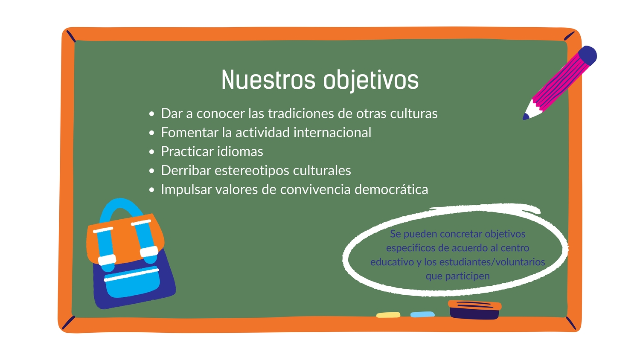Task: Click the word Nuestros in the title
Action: (x=268, y=80)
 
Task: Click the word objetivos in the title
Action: (x=371, y=81)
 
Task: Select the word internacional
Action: (x=332, y=132)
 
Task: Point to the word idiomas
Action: (x=240, y=151)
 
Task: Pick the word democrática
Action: (x=391, y=189)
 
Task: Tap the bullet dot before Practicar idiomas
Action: (x=152, y=152)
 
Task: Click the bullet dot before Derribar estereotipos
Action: (x=152, y=171)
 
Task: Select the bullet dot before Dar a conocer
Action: (x=152, y=114)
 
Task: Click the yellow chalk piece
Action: (x=388, y=315)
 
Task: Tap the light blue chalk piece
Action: (x=422, y=314)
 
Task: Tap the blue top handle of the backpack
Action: (x=120, y=209)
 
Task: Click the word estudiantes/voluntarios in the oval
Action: (x=492, y=262)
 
